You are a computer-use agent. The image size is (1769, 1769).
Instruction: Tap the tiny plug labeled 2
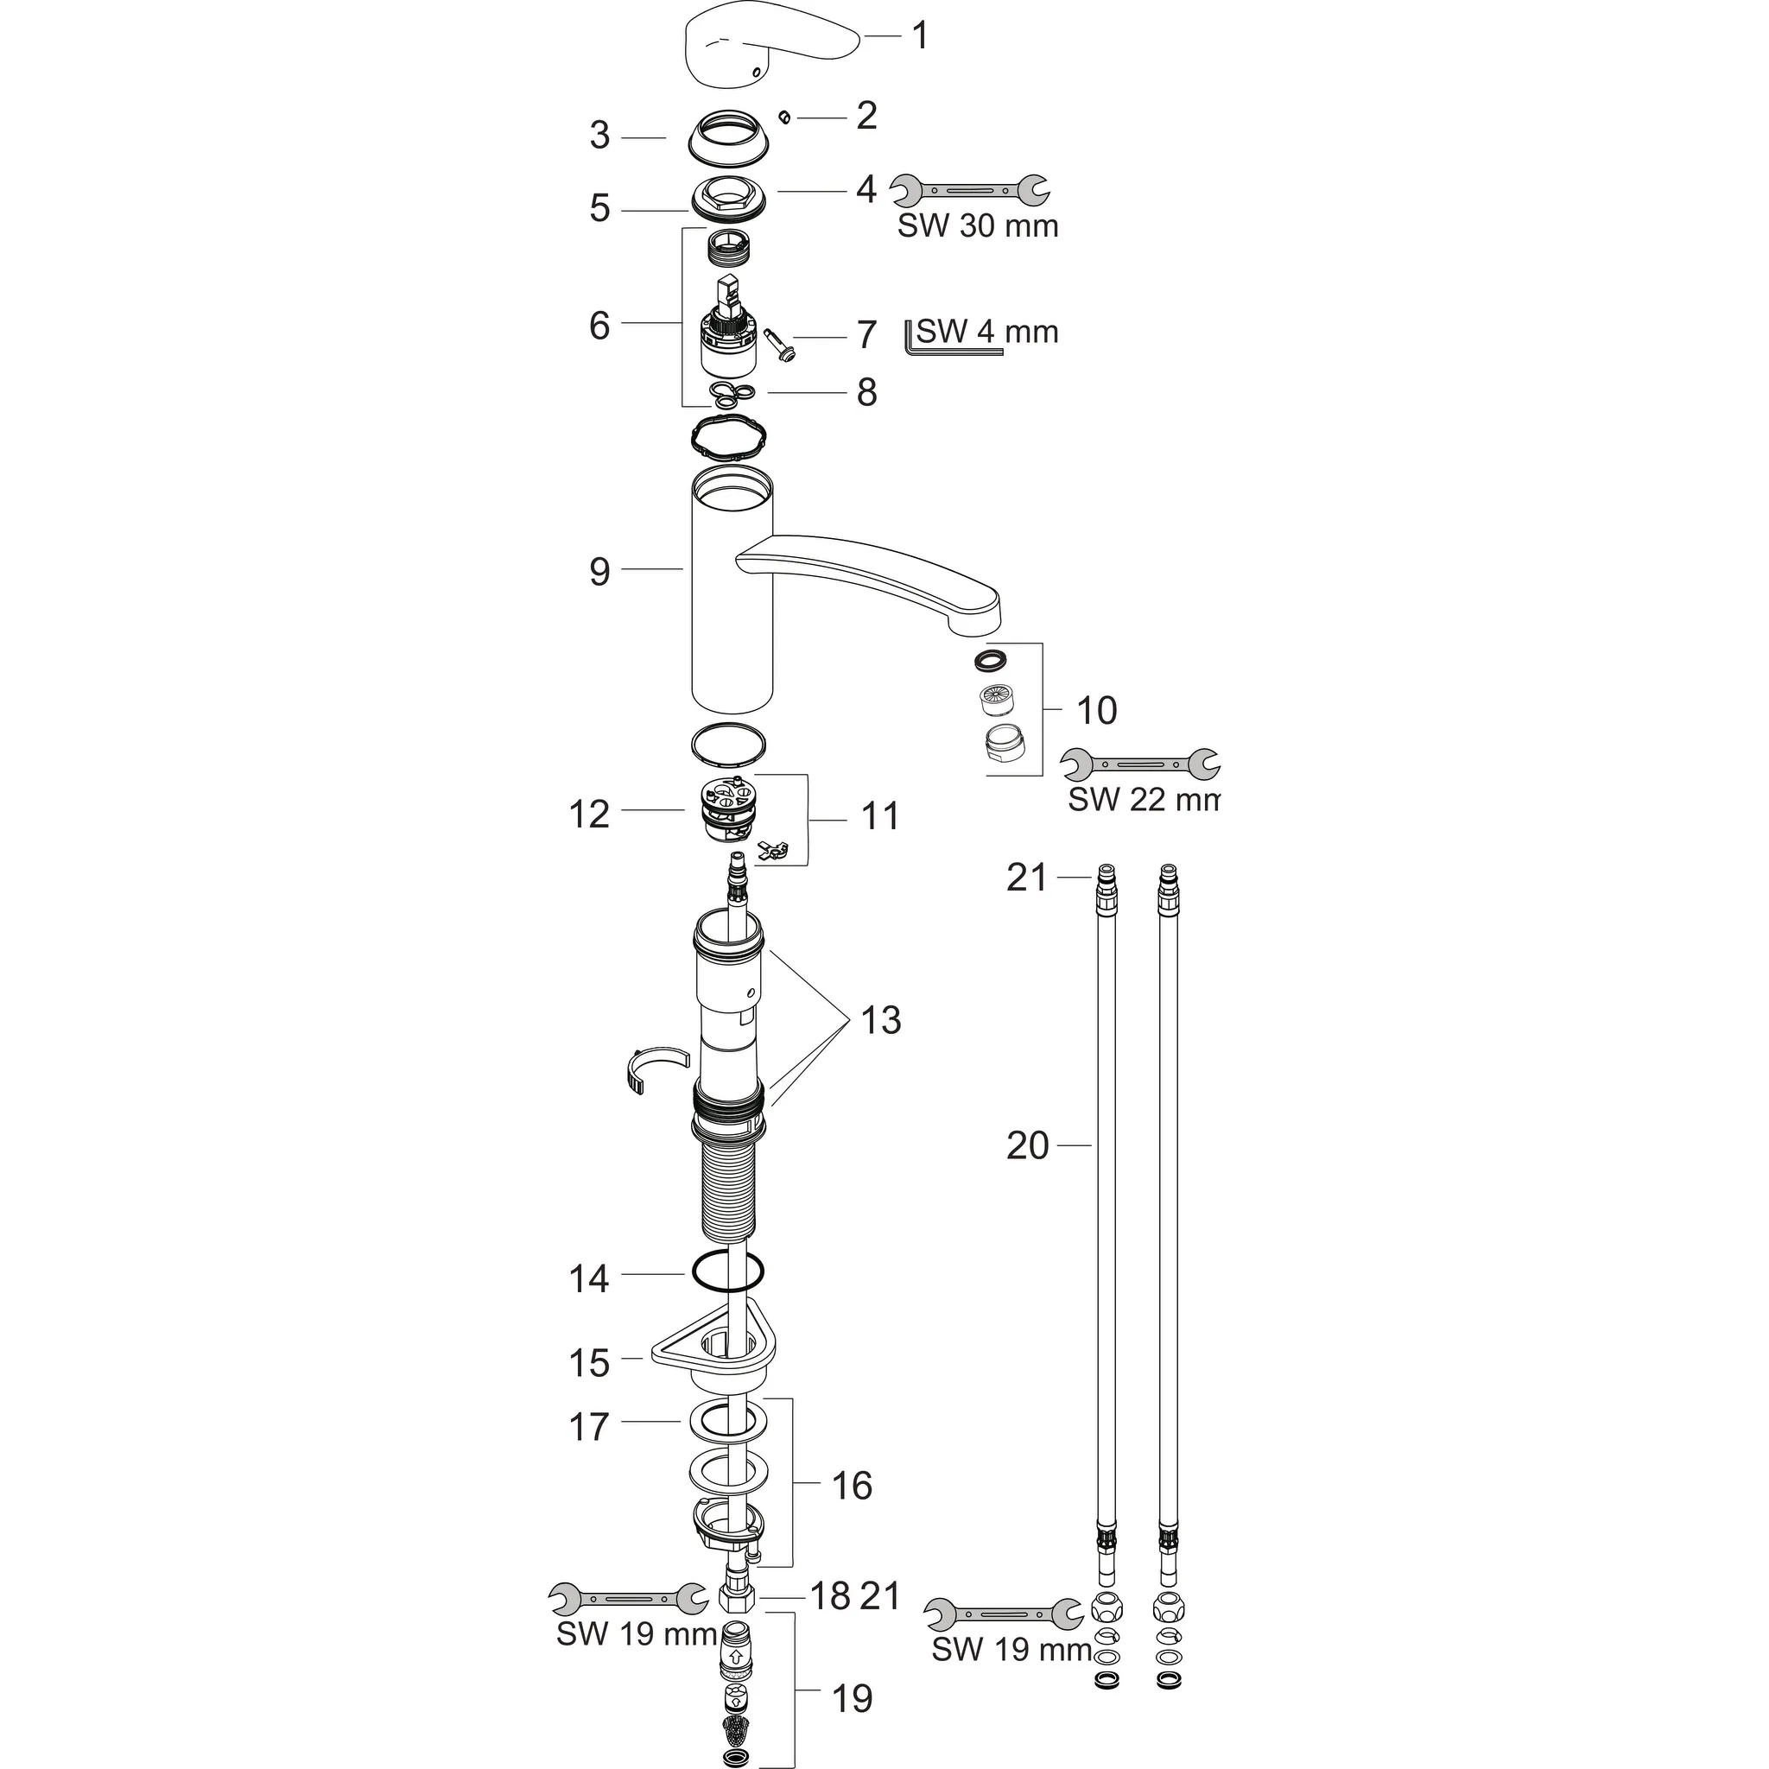coord(783,117)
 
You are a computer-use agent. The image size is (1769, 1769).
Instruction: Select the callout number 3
coord(599,136)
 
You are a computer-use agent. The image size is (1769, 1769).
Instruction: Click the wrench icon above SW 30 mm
coord(971,189)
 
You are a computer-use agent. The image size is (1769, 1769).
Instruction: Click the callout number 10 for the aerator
coord(1096,711)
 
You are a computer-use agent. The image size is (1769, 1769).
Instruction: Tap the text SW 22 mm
coord(1144,799)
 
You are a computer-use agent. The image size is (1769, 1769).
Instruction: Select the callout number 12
coord(588,814)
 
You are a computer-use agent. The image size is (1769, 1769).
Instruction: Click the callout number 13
coord(881,1020)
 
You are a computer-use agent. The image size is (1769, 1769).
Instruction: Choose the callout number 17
coord(588,1427)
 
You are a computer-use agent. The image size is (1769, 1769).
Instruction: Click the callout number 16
coord(852,1486)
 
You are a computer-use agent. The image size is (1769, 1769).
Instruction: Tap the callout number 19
coord(852,1698)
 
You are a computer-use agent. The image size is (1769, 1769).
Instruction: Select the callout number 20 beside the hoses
coord(1027,1145)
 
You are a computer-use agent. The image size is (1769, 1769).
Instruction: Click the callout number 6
coord(599,325)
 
